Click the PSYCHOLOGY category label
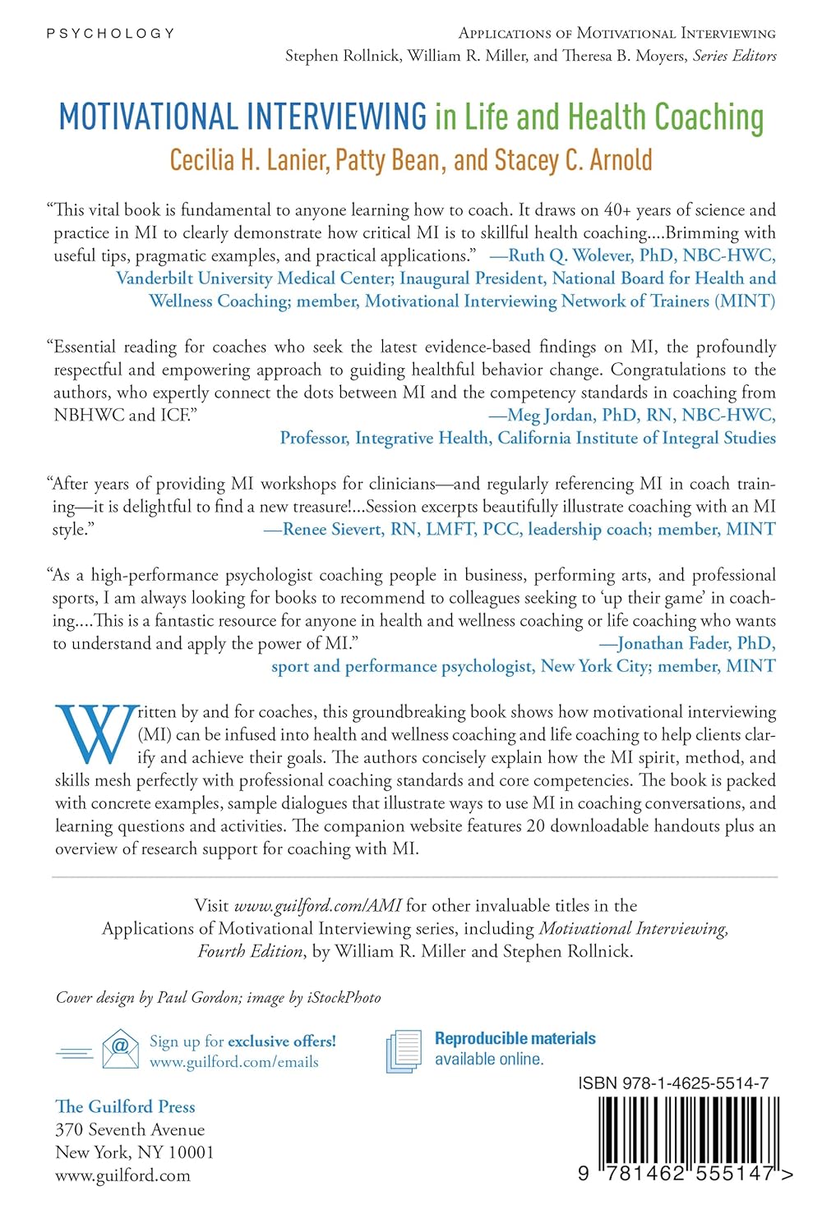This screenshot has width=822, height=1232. coord(110,34)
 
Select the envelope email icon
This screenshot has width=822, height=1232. coord(120,1049)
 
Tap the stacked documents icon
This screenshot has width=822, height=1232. coord(404,1050)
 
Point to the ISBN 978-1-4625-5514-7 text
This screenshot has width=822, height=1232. coord(673,1083)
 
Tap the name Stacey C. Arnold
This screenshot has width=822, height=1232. coord(574,159)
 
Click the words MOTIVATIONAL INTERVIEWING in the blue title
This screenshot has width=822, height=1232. coord(242,117)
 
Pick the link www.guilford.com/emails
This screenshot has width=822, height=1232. coord(233,1062)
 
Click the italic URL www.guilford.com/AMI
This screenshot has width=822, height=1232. coord(317,906)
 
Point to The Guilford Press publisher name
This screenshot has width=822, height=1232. coord(125,1106)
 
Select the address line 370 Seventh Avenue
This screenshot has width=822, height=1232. coord(130,1129)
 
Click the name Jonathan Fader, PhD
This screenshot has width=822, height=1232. coord(695,643)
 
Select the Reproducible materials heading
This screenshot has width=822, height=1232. coord(515,1038)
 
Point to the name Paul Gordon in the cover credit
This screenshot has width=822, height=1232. coord(198,997)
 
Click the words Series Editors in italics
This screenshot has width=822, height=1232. coord(734,56)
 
